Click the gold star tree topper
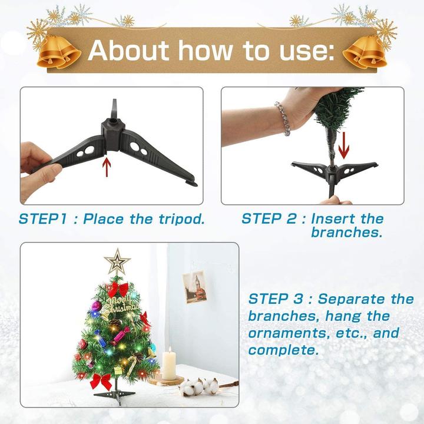[117, 261]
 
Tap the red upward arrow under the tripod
[107, 166]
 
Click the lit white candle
[169, 364]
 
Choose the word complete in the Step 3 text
[283, 350]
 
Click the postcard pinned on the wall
[194, 287]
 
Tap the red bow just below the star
[117, 289]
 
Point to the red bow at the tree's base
[101, 380]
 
